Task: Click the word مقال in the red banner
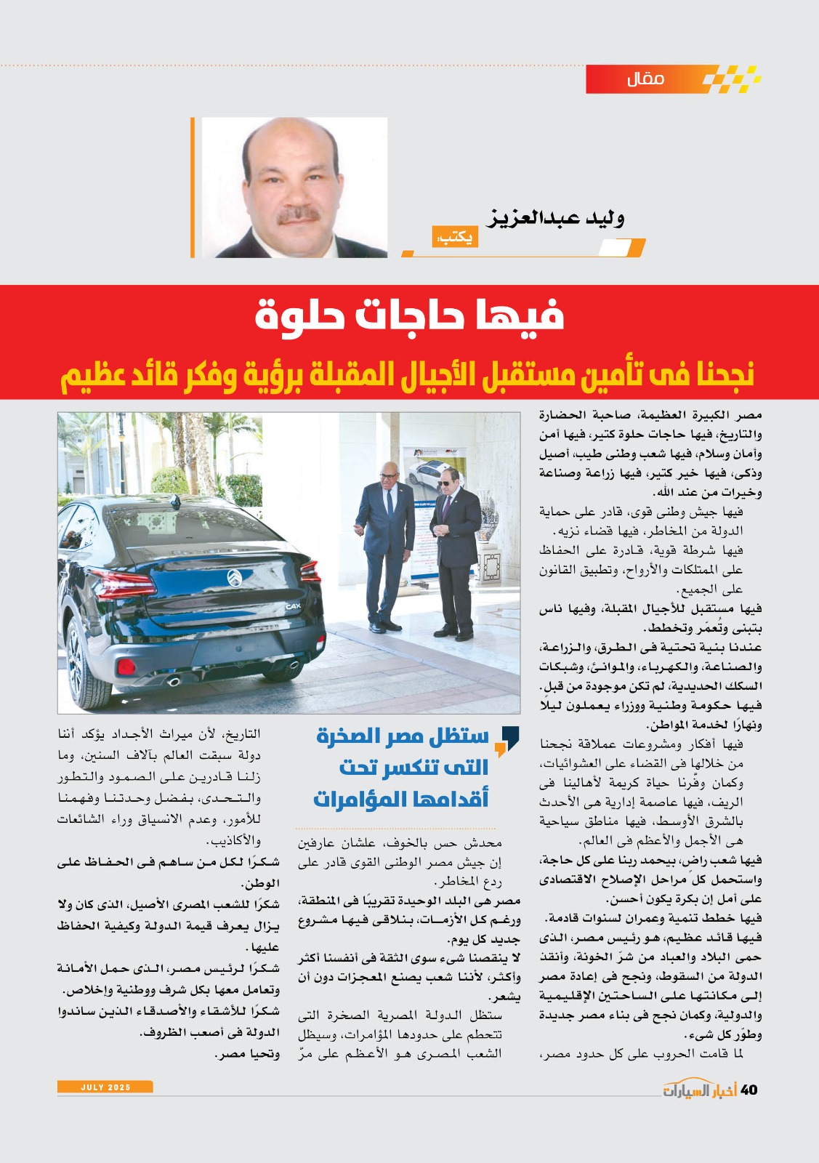click(645, 79)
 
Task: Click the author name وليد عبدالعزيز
click(556, 217)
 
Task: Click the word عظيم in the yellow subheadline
click(90, 375)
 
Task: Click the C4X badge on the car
click(293, 605)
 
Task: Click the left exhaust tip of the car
click(174, 681)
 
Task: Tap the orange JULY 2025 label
click(105, 1087)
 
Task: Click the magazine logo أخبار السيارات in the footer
click(699, 1090)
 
